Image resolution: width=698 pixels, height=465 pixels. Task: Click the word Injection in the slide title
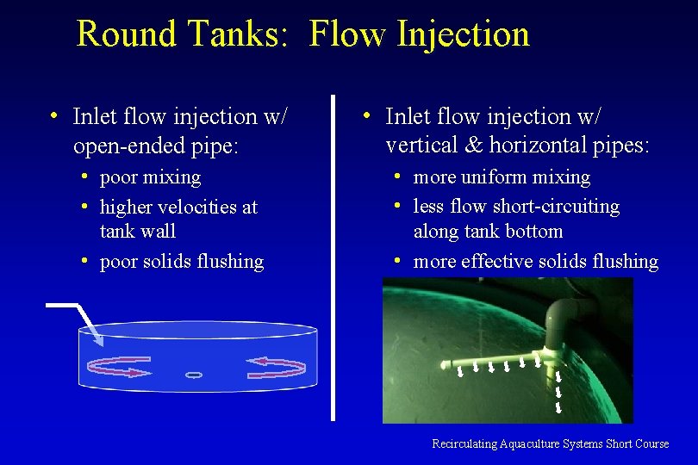coord(464,34)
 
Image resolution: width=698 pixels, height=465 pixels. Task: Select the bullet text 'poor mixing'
coord(150,177)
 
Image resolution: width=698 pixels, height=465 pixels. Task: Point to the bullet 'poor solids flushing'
coord(181,261)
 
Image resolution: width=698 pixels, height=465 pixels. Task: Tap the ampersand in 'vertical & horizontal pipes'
coord(471,146)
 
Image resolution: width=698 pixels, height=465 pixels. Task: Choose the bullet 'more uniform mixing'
coord(502,177)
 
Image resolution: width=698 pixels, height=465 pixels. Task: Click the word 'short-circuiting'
coord(558,207)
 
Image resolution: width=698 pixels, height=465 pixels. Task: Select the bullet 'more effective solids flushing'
coord(535,261)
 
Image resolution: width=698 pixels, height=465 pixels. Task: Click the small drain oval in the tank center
coord(194,375)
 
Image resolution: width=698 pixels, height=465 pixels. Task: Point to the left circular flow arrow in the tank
coord(118,368)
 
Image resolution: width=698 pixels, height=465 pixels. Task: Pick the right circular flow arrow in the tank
coord(276,368)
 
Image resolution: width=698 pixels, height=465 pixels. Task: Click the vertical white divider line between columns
coord(333,258)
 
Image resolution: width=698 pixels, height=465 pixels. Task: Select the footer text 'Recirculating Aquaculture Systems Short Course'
coord(550,443)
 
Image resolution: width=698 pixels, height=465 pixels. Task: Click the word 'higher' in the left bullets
coord(128,207)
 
